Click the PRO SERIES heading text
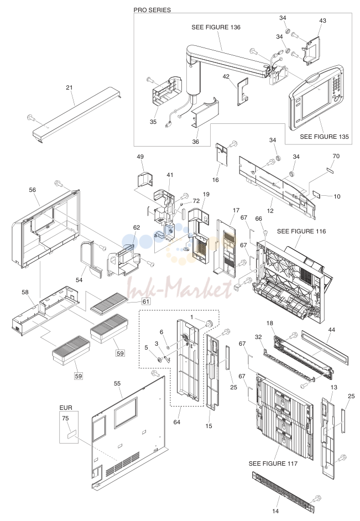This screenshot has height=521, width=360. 152,10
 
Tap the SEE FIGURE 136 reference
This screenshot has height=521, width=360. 216,27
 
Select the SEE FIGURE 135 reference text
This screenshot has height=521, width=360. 324,137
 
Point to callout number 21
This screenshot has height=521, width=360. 69,88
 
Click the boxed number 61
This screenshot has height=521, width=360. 146,301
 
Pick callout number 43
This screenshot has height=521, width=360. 322,20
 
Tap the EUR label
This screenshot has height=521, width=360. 66,408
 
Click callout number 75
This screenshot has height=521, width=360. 65,418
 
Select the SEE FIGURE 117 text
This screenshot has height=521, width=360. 273,463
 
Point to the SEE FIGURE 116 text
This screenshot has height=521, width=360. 301,231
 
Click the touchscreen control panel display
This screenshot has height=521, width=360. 316,98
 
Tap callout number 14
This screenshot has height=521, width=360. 275,511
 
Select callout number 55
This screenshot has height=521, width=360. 117,383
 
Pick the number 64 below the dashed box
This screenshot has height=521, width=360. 176,422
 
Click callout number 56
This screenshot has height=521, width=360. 32,190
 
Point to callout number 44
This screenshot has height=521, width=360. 331,330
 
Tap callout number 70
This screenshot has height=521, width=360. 336,156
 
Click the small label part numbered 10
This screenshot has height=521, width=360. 316,195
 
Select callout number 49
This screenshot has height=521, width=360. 140,157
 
